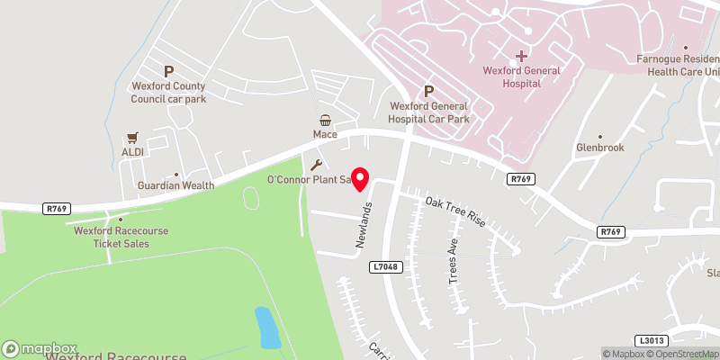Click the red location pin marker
(x=360, y=179)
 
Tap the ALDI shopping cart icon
(x=133, y=138)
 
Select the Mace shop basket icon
(x=325, y=120)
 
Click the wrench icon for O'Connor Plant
(x=316, y=165)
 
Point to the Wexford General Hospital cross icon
(x=522, y=56)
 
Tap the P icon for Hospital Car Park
(x=428, y=91)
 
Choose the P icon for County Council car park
(x=168, y=71)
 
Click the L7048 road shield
(x=384, y=267)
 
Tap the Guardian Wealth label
(x=175, y=185)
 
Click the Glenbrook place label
(x=599, y=148)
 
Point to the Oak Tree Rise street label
(x=455, y=212)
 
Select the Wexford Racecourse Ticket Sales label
(x=120, y=236)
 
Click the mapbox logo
(x=40, y=348)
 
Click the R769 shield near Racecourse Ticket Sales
(x=56, y=209)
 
